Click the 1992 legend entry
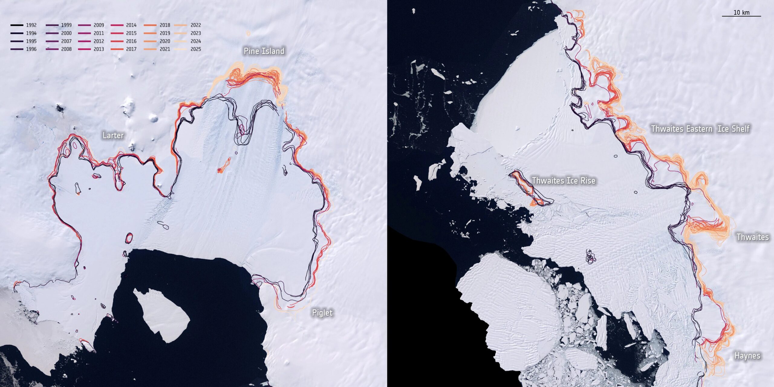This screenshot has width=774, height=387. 24,25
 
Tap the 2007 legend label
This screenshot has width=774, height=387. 66,41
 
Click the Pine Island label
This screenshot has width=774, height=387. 264,51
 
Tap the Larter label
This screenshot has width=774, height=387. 113,135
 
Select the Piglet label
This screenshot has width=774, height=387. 322,313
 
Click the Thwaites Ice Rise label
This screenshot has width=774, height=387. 564,180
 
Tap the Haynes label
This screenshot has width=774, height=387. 747,356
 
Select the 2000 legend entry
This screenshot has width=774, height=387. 59,33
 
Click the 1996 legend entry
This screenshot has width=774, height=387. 24,49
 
